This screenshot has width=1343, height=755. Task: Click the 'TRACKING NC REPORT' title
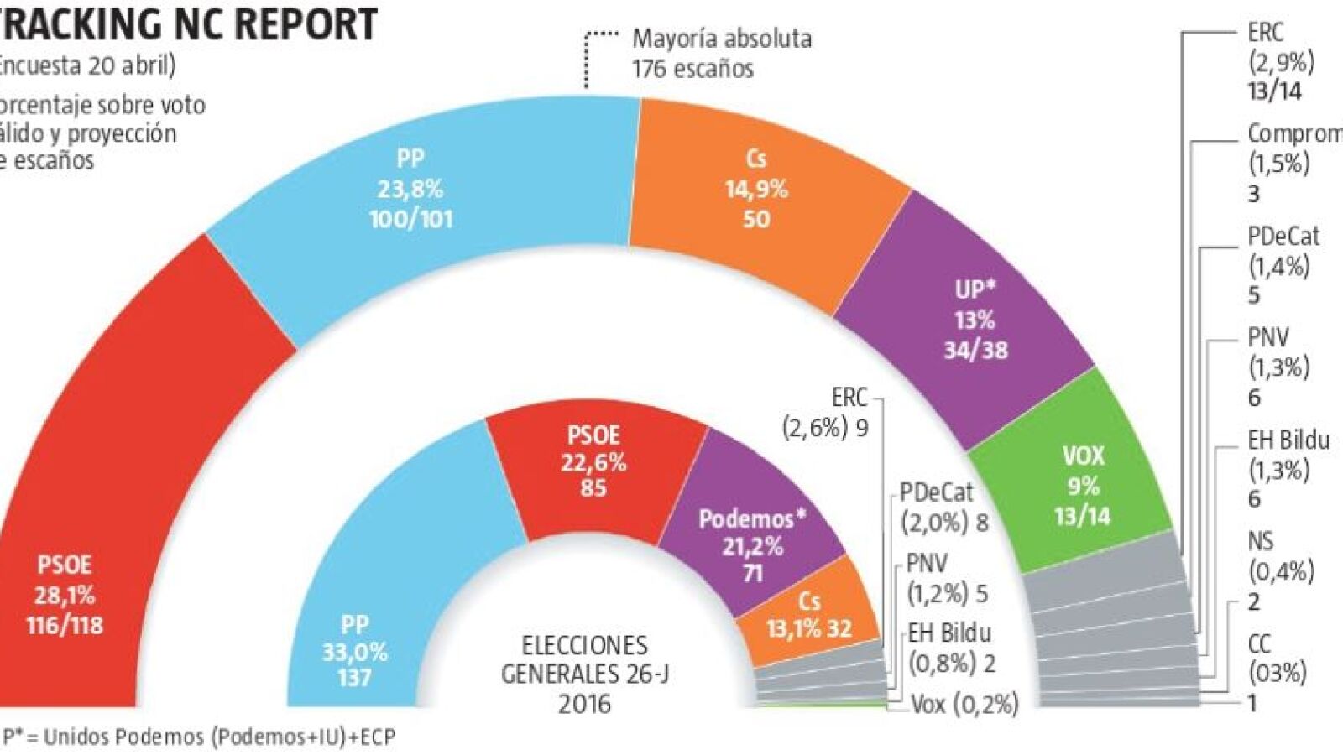click(189, 23)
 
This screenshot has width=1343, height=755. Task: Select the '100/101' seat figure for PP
click(410, 220)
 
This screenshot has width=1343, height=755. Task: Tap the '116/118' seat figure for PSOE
click(65, 626)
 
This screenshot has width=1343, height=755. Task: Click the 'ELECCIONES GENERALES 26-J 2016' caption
click(585, 674)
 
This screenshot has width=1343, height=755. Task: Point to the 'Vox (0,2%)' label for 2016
click(964, 704)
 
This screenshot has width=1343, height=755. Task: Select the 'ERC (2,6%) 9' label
click(827, 412)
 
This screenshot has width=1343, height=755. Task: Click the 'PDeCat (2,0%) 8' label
click(943, 508)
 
